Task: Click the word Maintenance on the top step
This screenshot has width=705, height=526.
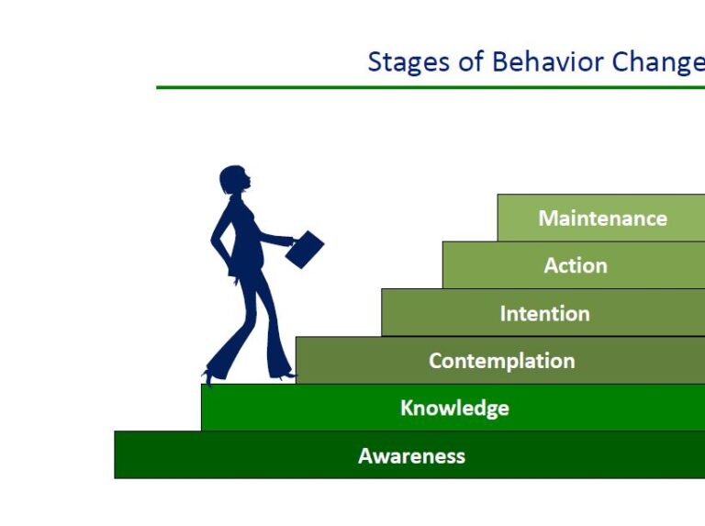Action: tap(602, 218)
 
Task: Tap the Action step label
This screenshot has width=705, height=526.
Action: tap(576, 266)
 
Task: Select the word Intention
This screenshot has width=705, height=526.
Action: tap(544, 314)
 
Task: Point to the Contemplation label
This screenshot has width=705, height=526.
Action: tap(501, 362)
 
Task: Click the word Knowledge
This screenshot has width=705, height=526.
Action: tap(454, 408)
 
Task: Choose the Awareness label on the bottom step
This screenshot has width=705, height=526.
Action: tap(411, 456)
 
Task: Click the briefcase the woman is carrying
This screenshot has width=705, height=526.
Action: tap(305, 249)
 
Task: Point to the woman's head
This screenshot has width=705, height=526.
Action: tap(234, 180)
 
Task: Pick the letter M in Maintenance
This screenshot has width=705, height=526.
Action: tap(548, 218)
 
